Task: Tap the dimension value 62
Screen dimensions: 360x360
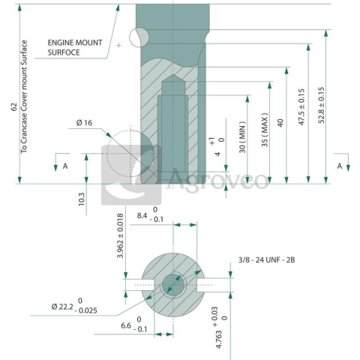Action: coord(14,106)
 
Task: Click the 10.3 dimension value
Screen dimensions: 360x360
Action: coord(81,198)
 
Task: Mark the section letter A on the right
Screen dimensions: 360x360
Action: coord(339,165)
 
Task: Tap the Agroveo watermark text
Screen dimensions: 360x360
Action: coord(217,180)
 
